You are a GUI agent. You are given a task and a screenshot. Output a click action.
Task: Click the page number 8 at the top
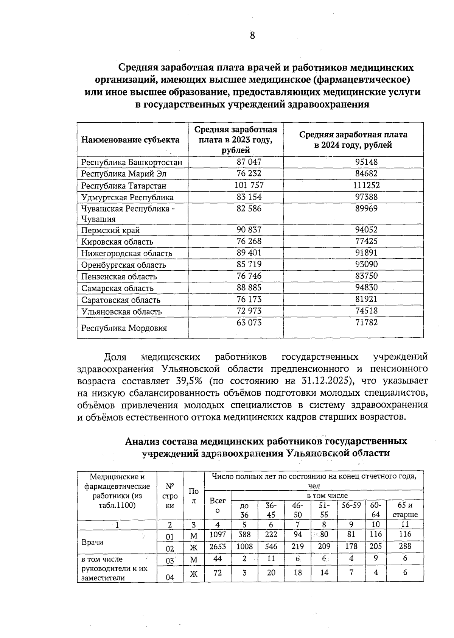(252, 36)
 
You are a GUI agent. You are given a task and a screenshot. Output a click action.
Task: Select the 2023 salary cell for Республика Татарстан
(249, 185)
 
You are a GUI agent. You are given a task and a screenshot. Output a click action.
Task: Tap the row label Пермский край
(110, 230)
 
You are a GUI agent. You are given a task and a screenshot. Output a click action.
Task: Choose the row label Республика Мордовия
(124, 328)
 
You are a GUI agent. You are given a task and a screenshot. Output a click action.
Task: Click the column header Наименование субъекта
(130, 140)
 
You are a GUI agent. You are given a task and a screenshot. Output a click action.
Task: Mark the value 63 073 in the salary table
(249, 323)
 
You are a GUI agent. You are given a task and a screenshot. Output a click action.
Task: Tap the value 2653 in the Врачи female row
(218, 546)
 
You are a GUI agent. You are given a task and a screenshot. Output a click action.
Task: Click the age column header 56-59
(351, 505)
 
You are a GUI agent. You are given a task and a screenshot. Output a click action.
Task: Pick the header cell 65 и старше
(405, 510)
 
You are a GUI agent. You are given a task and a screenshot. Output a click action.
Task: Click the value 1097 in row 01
(218, 534)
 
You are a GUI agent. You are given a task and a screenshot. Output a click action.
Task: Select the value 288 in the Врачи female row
(405, 546)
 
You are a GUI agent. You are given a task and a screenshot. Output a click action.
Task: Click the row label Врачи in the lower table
(92, 542)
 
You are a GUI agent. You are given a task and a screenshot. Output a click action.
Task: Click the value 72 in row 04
(218, 573)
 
